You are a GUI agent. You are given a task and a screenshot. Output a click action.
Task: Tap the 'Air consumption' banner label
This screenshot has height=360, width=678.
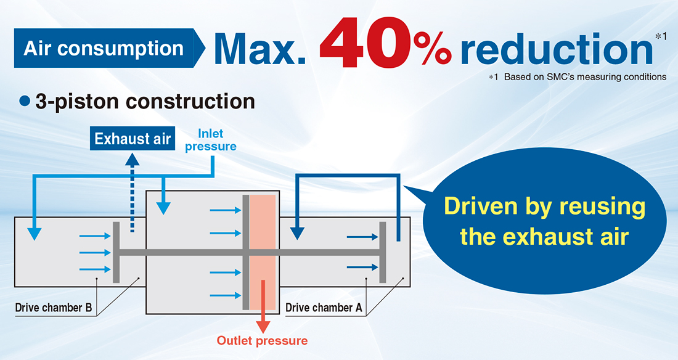pyautogui.click(x=104, y=48)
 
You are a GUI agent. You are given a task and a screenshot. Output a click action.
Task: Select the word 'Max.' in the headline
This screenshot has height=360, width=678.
pyautogui.click(x=260, y=49)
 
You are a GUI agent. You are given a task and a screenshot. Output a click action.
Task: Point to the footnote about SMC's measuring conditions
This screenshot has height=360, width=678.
pyautogui.click(x=578, y=77)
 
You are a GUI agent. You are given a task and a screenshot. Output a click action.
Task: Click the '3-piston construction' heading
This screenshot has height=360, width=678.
pyautogui.click(x=145, y=101)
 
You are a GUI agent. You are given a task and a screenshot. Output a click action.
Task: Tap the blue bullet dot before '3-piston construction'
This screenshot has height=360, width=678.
pyautogui.click(x=25, y=101)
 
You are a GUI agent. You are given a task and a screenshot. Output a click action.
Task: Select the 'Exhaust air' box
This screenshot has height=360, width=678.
pyautogui.click(x=133, y=139)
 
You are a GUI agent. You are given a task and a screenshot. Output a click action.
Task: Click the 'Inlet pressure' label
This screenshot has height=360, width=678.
pyautogui.click(x=211, y=140)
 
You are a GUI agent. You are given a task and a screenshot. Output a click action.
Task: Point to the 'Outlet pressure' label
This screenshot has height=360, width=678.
pyautogui.click(x=262, y=340)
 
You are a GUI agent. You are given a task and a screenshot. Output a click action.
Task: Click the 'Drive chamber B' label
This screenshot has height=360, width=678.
pyautogui.click(x=54, y=308)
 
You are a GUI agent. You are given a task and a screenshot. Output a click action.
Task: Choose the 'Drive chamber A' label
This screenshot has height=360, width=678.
pyautogui.click(x=324, y=308)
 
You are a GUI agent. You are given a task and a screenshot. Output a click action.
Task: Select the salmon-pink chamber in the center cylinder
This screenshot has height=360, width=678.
pyautogui.click(x=263, y=252)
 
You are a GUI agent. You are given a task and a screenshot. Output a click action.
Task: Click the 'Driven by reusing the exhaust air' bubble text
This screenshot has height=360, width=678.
pyautogui.click(x=544, y=221)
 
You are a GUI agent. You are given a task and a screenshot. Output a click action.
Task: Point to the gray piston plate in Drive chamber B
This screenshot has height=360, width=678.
pyautogui.click(x=116, y=252)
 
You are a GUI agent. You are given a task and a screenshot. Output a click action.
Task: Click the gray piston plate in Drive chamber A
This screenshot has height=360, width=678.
pyautogui.click(x=383, y=252)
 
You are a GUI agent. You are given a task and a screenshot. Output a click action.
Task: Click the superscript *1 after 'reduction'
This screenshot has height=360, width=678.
pyautogui.click(x=661, y=37)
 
